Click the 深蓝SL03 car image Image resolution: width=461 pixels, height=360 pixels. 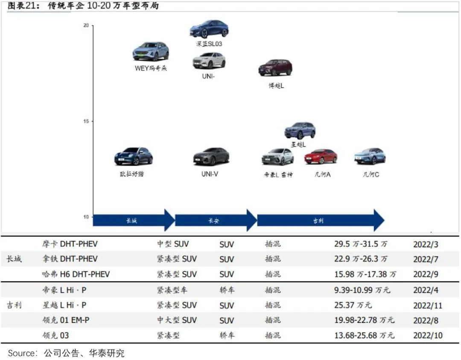click(209, 29)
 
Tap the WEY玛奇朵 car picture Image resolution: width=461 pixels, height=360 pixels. click(151, 52)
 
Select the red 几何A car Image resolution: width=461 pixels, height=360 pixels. click(321, 157)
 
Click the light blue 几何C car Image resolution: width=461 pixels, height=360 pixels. click(370, 156)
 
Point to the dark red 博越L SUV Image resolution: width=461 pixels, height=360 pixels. click(275, 68)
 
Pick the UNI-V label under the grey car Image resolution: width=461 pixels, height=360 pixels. click(210, 174)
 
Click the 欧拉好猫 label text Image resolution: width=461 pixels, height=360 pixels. click(132, 174)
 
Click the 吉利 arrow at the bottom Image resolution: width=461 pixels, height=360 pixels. click(321, 221)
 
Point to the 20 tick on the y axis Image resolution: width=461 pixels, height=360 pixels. click(86, 26)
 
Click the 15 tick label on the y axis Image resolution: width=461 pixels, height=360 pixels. click(86, 121)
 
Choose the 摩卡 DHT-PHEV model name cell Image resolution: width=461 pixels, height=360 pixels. click(70, 244)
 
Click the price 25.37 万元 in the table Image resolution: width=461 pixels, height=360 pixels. click(353, 305)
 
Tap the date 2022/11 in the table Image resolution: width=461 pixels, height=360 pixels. click(428, 306)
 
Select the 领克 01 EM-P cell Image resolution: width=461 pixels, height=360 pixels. click(66, 320)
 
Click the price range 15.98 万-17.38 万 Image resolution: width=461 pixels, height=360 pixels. click(365, 274)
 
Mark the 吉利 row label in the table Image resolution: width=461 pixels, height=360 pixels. click(14, 305)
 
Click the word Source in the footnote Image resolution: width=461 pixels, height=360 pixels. click(21, 353)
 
